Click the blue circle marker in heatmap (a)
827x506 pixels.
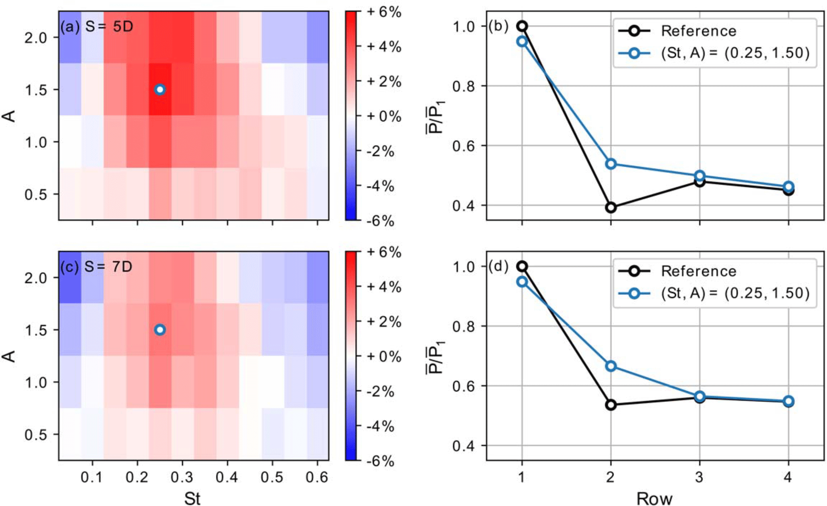(x=160, y=89)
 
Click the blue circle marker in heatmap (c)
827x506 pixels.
(x=160, y=329)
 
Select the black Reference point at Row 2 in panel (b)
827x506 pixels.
(x=611, y=207)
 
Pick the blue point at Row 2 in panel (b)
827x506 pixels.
(x=611, y=164)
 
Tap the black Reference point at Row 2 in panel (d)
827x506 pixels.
(x=611, y=405)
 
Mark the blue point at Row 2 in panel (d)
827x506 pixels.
(x=611, y=366)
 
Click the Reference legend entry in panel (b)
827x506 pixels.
(x=698, y=31)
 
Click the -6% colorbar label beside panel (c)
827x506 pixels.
(x=380, y=461)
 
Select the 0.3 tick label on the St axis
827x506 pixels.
(x=182, y=477)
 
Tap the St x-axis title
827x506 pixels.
(x=192, y=499)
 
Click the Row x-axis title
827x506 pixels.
(x=654, y=499)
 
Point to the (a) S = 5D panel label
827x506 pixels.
(x=97, y=26)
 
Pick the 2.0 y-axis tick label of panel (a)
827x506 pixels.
(x=36, y=38)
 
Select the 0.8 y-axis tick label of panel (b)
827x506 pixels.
(x=464, y=86)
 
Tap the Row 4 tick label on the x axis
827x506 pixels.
(x=788, y=477)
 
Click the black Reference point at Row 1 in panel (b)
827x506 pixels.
(x=522, y=26)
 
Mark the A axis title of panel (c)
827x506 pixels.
(x=9, y=355)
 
